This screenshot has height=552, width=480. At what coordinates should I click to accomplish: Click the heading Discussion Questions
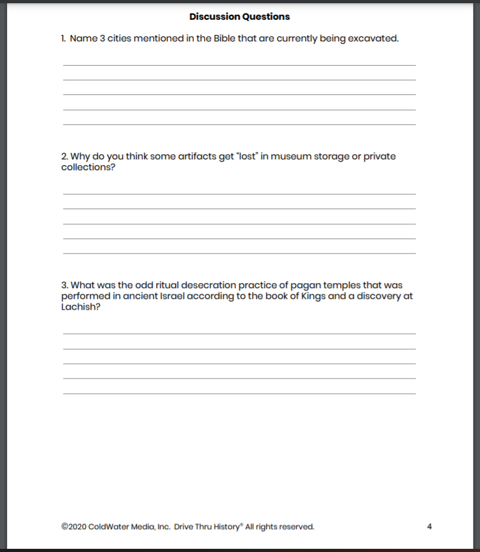(x=239, y=17)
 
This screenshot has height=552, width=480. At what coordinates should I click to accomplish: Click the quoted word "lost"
(x=232, y=157)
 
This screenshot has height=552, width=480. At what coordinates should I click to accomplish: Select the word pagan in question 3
(x=293, y=285)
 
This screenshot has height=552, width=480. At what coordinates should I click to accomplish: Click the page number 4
(x=430, y=527)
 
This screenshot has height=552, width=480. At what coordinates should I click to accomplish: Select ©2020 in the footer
(x=74, y=527)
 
